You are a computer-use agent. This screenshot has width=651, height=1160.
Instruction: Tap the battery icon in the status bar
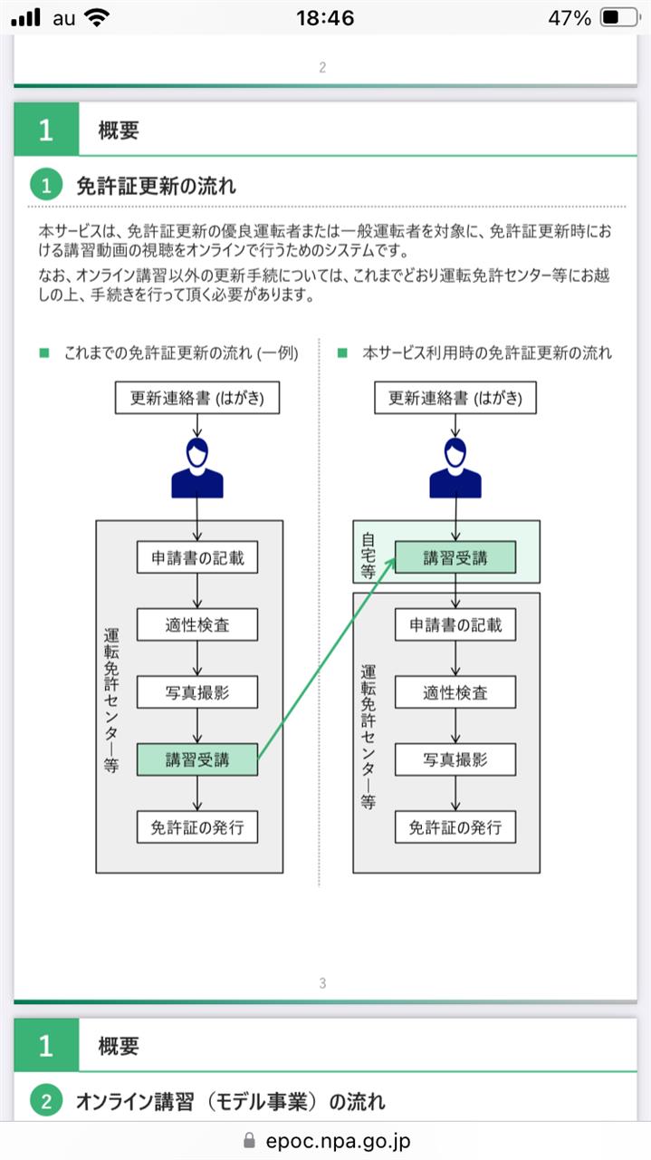(620, 17)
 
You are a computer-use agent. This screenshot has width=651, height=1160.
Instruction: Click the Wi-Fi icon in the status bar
(96, 17)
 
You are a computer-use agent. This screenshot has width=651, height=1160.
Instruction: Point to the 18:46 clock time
(325, 18)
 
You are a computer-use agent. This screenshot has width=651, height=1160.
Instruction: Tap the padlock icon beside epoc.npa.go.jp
(249, 1140)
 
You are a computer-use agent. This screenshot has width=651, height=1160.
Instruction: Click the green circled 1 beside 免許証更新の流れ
(46, 186)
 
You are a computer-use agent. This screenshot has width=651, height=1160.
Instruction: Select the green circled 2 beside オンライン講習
(46, 1100)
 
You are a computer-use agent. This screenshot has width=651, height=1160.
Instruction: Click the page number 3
(322, 983)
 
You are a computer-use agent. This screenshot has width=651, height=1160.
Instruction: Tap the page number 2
(322, 67)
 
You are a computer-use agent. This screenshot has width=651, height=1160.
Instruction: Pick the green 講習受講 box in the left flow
(197, 759)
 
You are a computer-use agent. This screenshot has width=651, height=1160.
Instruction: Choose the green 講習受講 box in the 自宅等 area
(455, 557)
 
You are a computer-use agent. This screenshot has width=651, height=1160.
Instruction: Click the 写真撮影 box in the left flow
(197, 692)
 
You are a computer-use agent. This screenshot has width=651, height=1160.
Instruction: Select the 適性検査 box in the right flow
(455, 692)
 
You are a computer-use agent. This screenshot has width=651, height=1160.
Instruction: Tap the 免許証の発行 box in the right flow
(455, 827)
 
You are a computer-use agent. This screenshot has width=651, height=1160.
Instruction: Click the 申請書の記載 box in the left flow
(197, 557)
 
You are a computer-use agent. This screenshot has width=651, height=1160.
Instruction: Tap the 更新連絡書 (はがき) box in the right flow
(455, 398)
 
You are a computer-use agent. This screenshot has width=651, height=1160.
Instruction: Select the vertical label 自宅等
(368, 556)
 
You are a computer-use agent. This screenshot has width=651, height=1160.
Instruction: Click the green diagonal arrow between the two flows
(327, 659)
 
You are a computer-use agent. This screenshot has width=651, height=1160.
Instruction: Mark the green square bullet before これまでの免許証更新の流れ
(44, 353)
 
